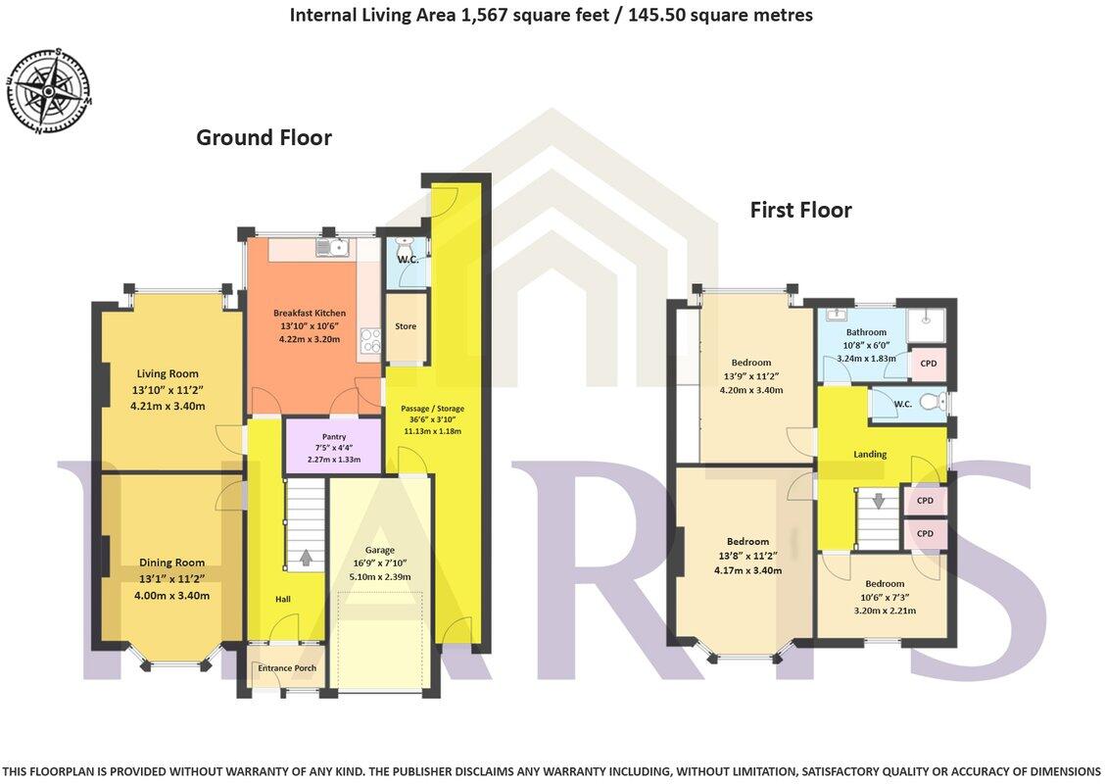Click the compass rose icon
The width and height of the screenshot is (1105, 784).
click(x=49, y=91)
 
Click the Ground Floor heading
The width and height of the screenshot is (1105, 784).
click(x=264, y=137)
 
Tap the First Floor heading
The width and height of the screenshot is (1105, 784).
click(x=800, y=210)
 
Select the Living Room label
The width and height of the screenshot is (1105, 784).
click(x=168, y=373)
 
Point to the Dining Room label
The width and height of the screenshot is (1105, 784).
click(x=171, y=563)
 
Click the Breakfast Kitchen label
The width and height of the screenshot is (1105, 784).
click(x=309, y=314)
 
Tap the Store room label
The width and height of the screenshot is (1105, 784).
click(x=406, y=326)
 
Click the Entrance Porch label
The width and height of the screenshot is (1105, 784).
click(x=286, y=668)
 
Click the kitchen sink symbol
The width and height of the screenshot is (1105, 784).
click(x=331, y=248)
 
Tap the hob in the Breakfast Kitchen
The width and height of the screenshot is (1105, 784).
click(x=371, y=340)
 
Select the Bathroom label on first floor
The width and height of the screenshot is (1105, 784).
click(x=866, y=332)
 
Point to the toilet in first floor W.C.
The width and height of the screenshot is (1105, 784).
click(x=932, y=402)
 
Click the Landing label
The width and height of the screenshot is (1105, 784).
click(x=869, y=454)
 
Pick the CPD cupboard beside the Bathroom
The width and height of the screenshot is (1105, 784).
click(x=928, y=364)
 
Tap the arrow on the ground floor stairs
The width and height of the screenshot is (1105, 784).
click(x=306, y=558)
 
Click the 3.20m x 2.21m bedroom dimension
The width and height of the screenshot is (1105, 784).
click(x=884, y=611)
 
